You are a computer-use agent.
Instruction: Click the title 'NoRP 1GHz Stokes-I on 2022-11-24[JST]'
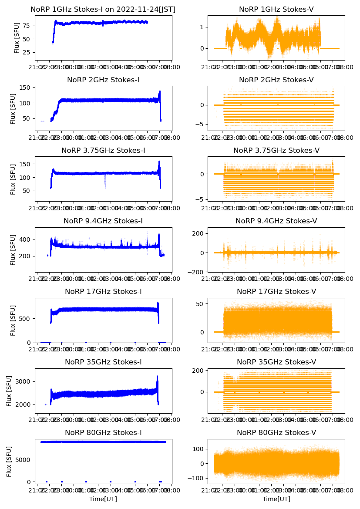point(103,10)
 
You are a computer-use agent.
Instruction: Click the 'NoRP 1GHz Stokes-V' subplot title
point(276,10)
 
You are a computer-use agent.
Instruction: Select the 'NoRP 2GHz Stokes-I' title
point(103,80)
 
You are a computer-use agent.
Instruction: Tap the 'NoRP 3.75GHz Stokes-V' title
point(276,151)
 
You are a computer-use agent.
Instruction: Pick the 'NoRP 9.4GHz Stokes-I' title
point(103,221)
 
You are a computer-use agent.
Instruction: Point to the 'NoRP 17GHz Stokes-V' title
point(276,292)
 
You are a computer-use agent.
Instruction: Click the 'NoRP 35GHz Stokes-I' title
point(103,362)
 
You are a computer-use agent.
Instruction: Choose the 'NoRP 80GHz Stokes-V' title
point(276,433)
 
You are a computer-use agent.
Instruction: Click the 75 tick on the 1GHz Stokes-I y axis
point(27,26)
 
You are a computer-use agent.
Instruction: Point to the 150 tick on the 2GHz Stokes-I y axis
point(25,88)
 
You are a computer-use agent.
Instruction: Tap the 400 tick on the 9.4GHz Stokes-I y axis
point(25,239)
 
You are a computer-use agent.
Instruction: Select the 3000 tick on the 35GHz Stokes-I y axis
point(24,381)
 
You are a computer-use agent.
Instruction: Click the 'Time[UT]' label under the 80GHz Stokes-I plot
point(103,499)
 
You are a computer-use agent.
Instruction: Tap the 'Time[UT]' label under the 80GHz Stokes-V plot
point(276,499)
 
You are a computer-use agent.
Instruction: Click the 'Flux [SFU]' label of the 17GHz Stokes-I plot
point(13,320)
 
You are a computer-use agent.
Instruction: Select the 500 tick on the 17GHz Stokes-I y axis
point(25,318)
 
